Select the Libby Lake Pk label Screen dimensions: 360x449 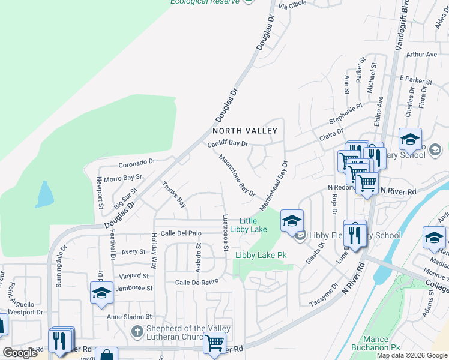coord(261,255)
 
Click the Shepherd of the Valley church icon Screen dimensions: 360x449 coord(137,331)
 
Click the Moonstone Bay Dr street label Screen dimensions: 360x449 coord(237,175)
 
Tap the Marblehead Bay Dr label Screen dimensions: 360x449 coord(274,185)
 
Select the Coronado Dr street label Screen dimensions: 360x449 coord(137,161)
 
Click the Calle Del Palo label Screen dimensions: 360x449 coord(181,233)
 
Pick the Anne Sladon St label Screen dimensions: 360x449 coord(130,316)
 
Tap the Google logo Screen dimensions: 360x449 coord(20,352)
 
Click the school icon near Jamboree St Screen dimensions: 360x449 coord(101,293)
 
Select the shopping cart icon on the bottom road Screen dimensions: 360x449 coord(214,344)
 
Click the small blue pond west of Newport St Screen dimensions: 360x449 coord(44,195)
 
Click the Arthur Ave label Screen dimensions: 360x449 coord(421,55)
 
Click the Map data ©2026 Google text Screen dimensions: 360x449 coord(412,355)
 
